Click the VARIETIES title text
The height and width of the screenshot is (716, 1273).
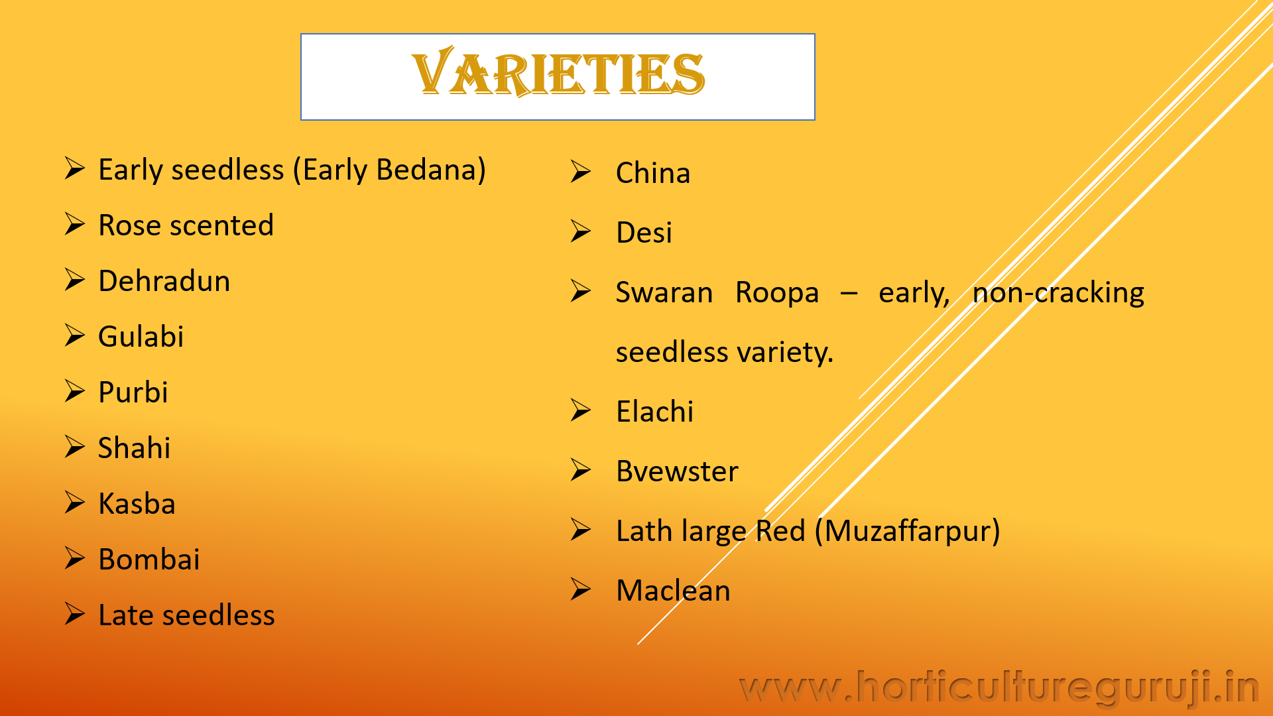tap(558, 73)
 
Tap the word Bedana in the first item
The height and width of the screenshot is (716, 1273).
tap(426, 170)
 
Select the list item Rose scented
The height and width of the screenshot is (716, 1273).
tap(186, 225)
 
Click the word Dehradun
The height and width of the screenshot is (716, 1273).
tap(164, 281)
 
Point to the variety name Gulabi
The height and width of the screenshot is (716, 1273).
tap(141, 337)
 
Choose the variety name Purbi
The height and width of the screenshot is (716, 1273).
tap(133, 392)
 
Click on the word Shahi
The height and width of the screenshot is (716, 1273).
tap(134, 448)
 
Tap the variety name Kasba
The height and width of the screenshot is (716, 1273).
tap(137, 504)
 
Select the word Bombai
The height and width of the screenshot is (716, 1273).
tap(149, 560)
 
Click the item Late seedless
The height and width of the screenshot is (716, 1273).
tap(186, 615)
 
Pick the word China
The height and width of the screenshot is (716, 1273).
tap(653, 173)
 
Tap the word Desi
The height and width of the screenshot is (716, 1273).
tap(644, 233)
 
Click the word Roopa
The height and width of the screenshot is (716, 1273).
tap(777, 293)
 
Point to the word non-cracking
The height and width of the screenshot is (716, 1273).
tap(1058, 293)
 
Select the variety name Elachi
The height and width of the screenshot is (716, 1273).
tap(654, 412)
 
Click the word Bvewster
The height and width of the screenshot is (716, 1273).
tap(677, 471)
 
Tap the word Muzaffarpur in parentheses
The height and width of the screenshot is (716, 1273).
tap(907, 531)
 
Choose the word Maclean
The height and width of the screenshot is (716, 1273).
tap(673, 591)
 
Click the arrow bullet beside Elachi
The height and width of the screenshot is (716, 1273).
tap(581, 411)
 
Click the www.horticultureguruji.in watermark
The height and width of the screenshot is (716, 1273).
tap(999, 687)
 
